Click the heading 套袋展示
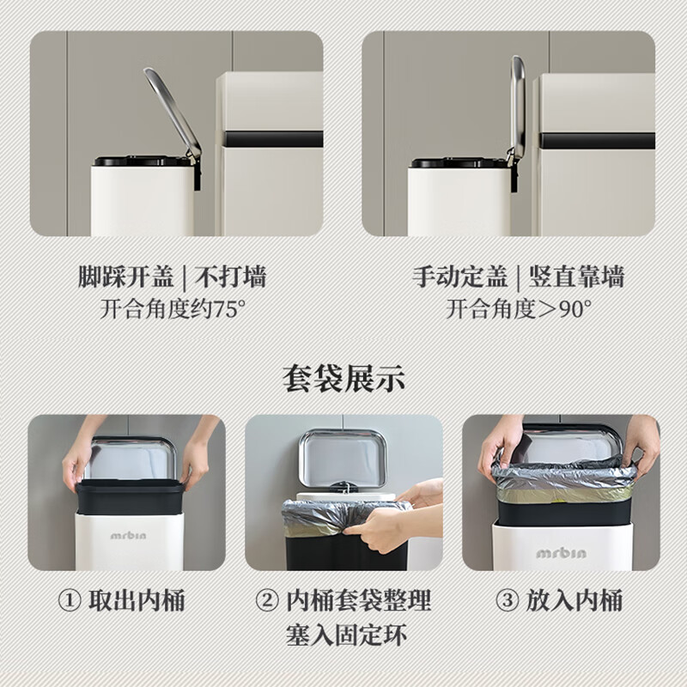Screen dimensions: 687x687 point(343,379)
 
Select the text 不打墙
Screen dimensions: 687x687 point(231,277)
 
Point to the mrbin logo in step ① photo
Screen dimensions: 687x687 point(128,534)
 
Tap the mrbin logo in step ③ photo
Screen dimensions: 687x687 point(561,552)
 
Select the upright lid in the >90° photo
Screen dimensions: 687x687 point(517,107)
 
